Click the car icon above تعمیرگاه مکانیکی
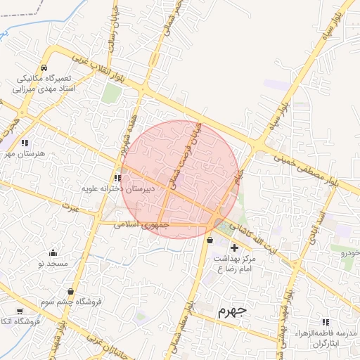pos(44,68)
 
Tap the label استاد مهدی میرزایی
pos(44,89)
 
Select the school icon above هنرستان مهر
pos(25,143)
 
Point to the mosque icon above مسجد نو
pos(53,253)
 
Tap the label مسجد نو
pos(53,263)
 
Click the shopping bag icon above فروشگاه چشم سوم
pos(71,291)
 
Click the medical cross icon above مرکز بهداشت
pos(234,247)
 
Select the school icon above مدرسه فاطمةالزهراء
pos(325,321)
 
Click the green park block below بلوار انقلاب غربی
pos(111,94)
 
